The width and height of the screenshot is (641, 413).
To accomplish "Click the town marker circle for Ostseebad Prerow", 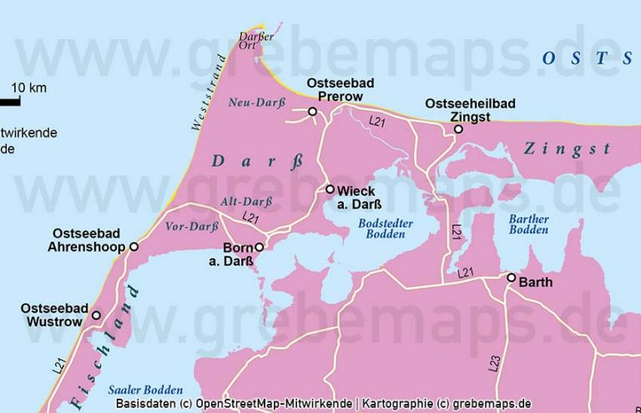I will (313, 112).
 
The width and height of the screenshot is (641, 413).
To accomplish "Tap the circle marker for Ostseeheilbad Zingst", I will (458, 129).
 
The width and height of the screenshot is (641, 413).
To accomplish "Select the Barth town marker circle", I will (512, 278).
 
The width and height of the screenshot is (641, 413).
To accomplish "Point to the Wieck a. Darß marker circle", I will (331, 189).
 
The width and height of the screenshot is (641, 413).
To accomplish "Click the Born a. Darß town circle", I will (259, 247).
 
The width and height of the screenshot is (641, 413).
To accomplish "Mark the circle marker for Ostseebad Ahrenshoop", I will (134, 247).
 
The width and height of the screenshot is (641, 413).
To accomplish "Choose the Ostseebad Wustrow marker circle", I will (96, 315).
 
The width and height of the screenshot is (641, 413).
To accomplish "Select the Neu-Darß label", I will (251, 103).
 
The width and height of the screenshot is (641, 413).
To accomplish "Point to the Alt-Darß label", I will (247, 202).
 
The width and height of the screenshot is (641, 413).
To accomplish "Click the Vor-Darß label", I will (186, 226).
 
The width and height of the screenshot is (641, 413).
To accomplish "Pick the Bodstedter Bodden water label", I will (381, 229).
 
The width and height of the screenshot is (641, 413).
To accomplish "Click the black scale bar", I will (9, 102).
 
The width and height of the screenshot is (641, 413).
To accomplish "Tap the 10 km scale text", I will (28, 88).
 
